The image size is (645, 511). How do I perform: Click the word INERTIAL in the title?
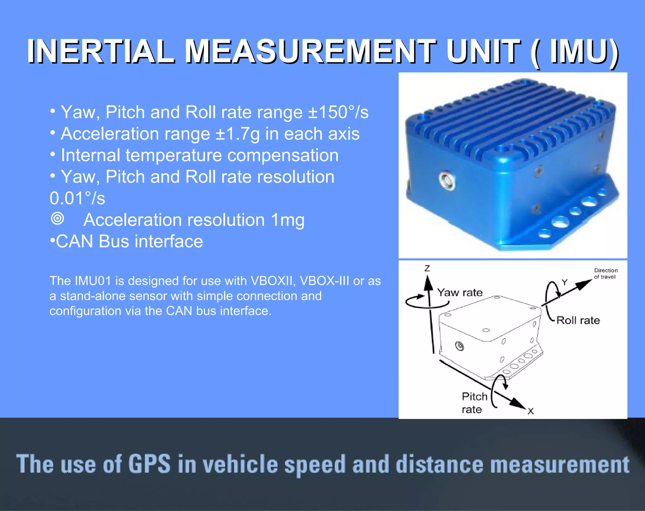pos(100,51)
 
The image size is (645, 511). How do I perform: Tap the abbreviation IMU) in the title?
pos(584,51)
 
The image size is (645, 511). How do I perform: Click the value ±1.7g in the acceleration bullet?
pos(238,134)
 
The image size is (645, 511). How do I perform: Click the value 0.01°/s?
pos(77,198)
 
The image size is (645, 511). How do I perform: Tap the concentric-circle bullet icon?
pos(57,218)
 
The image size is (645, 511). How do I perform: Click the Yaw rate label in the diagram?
pos(460,293)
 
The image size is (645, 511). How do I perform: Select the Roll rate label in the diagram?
pos(578,320)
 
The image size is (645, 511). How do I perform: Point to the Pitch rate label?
pos(474,403)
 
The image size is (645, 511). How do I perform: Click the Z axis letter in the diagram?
pos(427,268)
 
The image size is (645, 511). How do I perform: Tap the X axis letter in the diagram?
pos(531,411)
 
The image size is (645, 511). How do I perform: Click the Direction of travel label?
pos(605,274)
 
